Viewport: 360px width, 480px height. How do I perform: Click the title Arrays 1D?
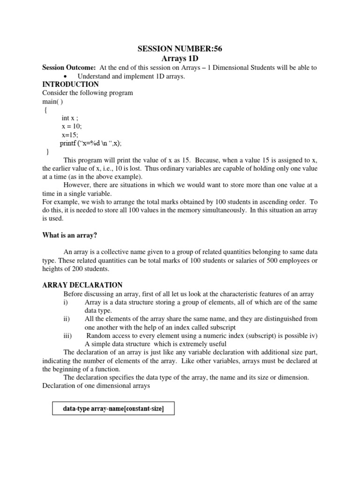tap(180, 59)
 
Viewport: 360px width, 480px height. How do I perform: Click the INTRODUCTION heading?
tap(70, 84)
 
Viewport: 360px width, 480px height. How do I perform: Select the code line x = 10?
tap(71, 127)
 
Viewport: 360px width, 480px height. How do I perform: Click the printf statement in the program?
tap(94, 143)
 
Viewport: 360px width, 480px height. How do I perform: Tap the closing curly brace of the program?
tap(47, 152)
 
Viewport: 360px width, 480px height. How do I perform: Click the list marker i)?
tap(65, 302)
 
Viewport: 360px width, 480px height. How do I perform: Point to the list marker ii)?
tap(66, 319)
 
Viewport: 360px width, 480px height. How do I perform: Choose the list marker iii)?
tap(67, 336)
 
